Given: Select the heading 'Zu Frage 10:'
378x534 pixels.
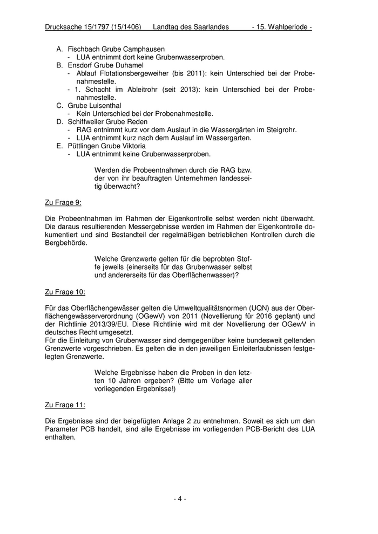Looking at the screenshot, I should [x=65, y=292].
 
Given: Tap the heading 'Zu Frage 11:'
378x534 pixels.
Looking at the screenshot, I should [x=65, y=404].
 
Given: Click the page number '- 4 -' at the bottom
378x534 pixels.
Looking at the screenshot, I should [x=180, y=499].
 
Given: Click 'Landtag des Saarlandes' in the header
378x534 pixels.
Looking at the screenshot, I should [x=191, y=26].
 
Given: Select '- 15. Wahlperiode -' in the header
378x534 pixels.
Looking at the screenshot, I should [x=281, y=26].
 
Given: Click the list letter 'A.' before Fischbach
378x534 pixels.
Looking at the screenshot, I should [x=60, y=49].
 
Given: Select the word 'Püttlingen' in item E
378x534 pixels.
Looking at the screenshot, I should [x=85, y=146].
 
